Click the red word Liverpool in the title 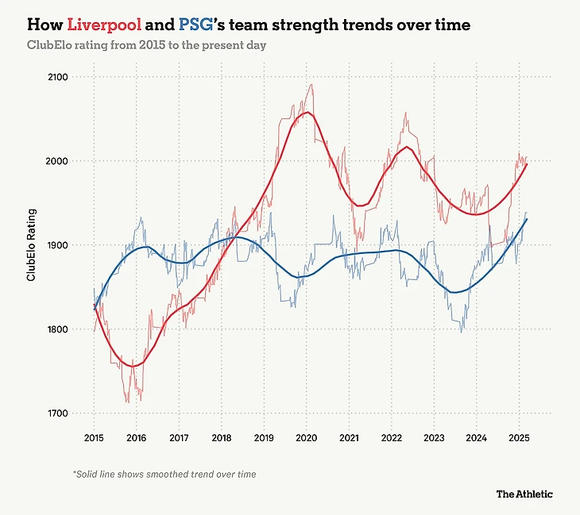[x=104, y=25]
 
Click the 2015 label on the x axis [x=94, y=437]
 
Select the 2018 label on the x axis [x=222, y=437]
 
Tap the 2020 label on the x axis [x=307, y=437]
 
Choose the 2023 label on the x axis [x=434, y=437]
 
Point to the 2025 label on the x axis [x=519, y=437]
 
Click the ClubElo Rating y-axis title [x=32, y=245]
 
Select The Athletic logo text [x=524, y=494]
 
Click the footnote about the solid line [x=164, y=474]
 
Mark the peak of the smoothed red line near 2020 [x=307, y=113]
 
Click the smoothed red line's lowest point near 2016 [x=135, y=366]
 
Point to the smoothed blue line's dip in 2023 [x=454, y=293]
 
